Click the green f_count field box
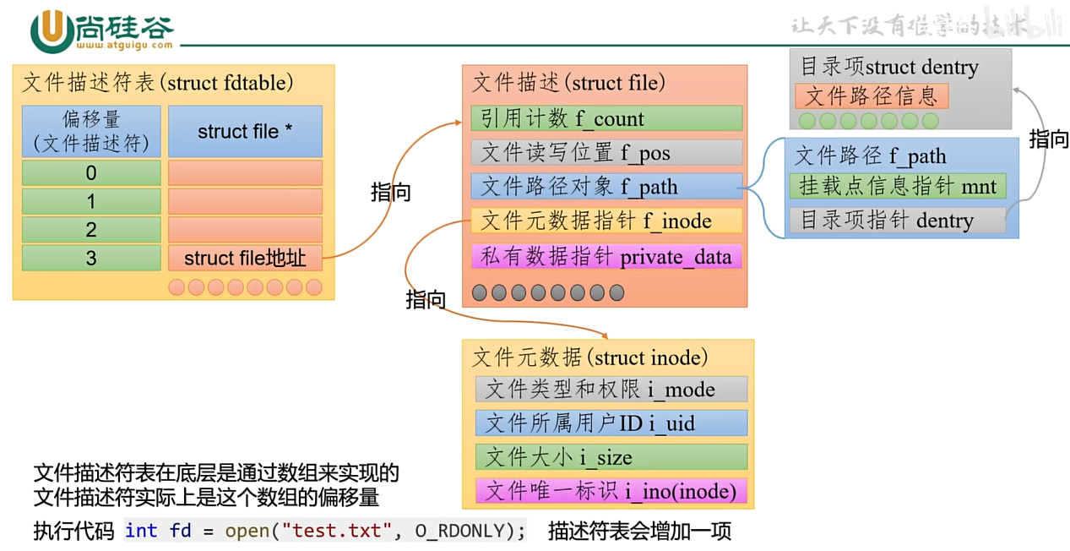pyautogui.click(x=606, y=118)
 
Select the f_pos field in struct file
pyautogui.click(x=606, y=152)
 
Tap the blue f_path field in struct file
pyautogui.click(x=606, y=186)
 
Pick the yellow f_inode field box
pyautogui.click(x=606, y=221)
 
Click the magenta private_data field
pyautogui.click(x=606, y=256)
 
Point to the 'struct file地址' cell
pyautogui.click(x=245, y=258)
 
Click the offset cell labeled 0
pyautogui.click(x=91, y=173)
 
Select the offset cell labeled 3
pyautogui.click(x=91, y=258)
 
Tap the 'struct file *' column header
pyautogui.click(x=245, y=131)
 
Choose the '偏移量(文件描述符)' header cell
pyautogui.click(x=91, y=131)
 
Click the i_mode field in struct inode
pyautogui.click(x=611, y=389)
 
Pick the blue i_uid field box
pyautogui.click(x=611, y=423)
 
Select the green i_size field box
pyautogui.click(x=611, y=457)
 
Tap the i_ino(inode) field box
pyautogui.click(x=611, y=491)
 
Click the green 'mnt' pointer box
pyautogui.click(x=898, y=186)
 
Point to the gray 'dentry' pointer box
pyautogui.click(x=898, y=221)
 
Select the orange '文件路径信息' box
pyautogui.click(x=872, y=95)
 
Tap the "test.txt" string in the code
pyautogui.click(x=336, y=531)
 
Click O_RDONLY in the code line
pyautogui.click(x=460, y=531)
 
